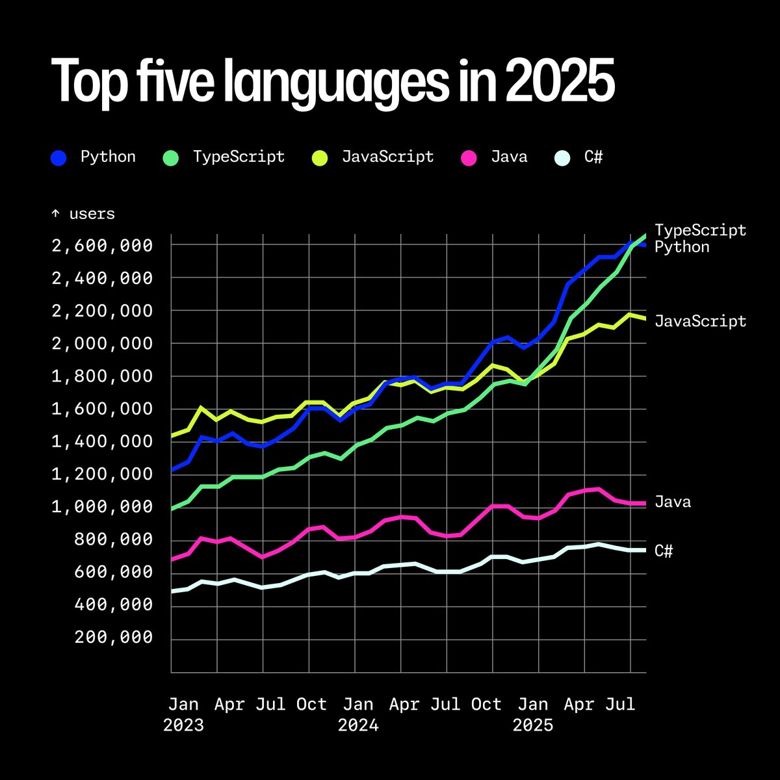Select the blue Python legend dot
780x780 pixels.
(x=58, y=158)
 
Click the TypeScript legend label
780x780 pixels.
(x=239, y=157)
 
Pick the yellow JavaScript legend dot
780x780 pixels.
(x=319, y=158)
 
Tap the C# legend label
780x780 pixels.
(x=593, y=157)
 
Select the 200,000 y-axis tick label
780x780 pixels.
(x=114, y=638)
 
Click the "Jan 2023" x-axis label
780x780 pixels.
(x=183, y=714)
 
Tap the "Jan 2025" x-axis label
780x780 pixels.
(x=533, y=714)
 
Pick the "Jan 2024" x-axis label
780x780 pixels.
(x=358, y=714)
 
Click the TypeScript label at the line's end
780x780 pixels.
(x=700, y=230)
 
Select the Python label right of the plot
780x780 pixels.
(x=681, y=247)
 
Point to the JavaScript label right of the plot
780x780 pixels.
(x=700, y=321)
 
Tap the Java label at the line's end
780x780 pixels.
(x=672, y=502)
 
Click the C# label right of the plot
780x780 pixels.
(x=663, y=551)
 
